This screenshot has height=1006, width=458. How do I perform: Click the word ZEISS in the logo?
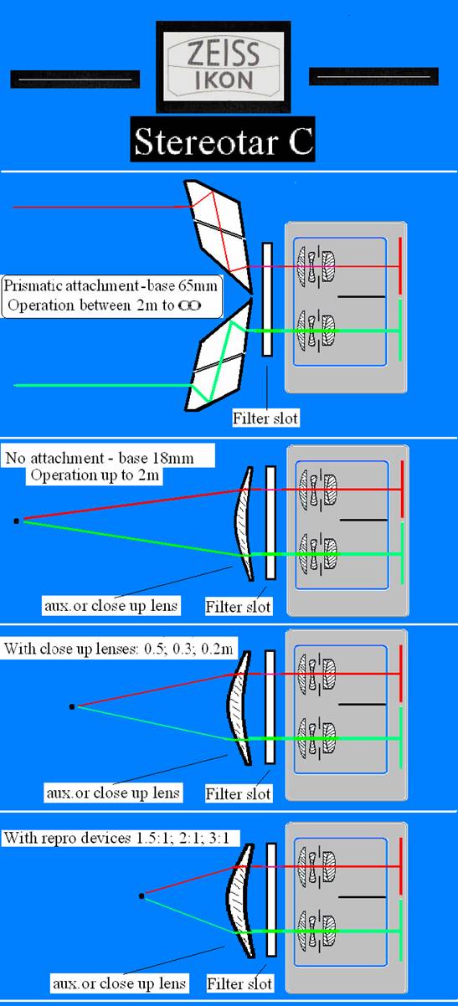coord(224,53)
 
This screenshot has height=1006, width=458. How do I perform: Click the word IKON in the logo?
coord(224,80)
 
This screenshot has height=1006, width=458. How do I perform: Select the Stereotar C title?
coord(223,140)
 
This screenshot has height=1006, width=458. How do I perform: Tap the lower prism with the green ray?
coord(219,355)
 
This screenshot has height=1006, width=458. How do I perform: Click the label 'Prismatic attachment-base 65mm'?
coord(111,285)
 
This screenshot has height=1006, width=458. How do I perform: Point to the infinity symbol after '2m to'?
coord(189,305)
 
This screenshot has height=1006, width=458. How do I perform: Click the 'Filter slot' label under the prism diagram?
coord(265,418)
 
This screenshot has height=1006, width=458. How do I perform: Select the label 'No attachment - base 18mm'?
coord(100,458)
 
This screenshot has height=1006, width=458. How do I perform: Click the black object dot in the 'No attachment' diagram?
coord(16,521)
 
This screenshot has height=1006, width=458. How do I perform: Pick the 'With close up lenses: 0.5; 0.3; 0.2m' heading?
coord(119,649)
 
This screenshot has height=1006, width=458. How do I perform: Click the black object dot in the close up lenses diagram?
coord(72,707)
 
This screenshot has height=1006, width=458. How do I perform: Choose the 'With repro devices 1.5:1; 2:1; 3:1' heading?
coord(117,838)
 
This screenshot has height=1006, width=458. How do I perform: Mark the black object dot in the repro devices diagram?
coord(142,896)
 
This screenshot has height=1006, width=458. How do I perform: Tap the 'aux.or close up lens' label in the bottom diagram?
coord(119,983)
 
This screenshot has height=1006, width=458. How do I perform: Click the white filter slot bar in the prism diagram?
coord(267,300)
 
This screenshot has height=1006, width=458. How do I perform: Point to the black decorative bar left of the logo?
coord(75,80)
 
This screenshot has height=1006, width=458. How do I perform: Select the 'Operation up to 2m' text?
coord(95,475)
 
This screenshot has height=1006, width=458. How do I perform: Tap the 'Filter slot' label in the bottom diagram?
coord(239,983)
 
